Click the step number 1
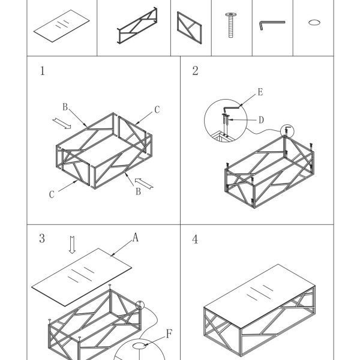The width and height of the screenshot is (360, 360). pyautogui.click(x=42, y=71)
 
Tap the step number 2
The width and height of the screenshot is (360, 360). pyautogui.click(x=195, y=71)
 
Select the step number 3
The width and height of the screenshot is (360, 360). pyautogui.click(x=42, y=238)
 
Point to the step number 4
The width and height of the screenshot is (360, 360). pyautogui.click(x=195, y=239)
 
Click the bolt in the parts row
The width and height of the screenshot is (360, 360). pyautogui.click(x=231, y=25)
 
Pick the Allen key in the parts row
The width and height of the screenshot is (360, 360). pyautogui.click(x=272, y=25)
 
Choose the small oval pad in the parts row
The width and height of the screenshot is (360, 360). pyautogui.click(x=314, y=23)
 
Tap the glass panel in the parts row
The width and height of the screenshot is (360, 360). pyautogui.click(x=62, y=26)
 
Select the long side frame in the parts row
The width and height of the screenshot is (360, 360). pyautogui.click(x=137, y=25)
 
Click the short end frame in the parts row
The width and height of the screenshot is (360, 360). pyautogui.click(x=190, y=28)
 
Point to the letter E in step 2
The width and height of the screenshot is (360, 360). pyautogui.click(x=260, y=92)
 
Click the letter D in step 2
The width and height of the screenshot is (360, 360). pyautogui.click(x=261, y=120)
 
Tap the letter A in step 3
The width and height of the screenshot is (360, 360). pyautogui.click(x=136, y=238)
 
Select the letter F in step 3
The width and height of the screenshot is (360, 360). pyautogui.click(x=169, y=334)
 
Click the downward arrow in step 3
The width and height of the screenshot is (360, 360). pyautogui.click(x=73, y=245)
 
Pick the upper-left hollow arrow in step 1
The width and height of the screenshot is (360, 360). pyautogui.click(x=62, y=124)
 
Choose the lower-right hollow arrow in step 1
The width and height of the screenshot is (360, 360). pyautogui.click(x=144, y=184)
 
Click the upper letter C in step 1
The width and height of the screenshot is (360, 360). pyautogui.click(x=157, y=110)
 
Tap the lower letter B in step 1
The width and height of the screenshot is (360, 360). pyautogui.click(x=138, y=191)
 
